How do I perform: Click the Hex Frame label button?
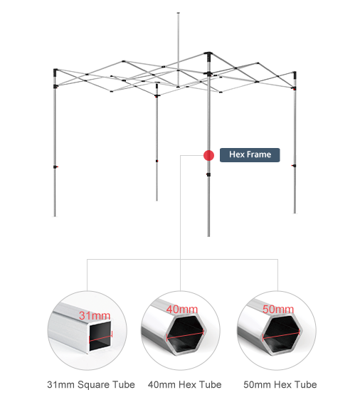pyautogui.click(x=250, y=155)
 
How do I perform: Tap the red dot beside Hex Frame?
pyautogui.click(x=208, y=155)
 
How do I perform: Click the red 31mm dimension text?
pyautogui.click(x=95, y=316)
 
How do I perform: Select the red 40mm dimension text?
pyautogui.click(x=182, y=310)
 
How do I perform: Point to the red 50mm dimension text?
pyautogui.click(x=278, y=310)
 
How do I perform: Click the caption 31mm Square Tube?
pyautogui.click(x=91, y=384)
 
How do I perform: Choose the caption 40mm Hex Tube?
pyautogui.click(x=185, y=384)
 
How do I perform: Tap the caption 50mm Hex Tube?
pyautogui.click(x=280, y=384)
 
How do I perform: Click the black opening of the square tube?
pyautogui.click(x=100, y=336)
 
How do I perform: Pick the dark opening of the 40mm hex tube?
pyautogui.click(x=185, y=333)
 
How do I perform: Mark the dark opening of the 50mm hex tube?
pyautogui.click(x=282, y=333)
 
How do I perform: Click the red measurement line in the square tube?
pyautogui.click(x=101, y=337)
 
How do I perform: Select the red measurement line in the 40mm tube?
pyautogui.click(x=185, y=335)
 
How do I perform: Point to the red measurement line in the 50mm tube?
pyautogui.click(x=281, y=335)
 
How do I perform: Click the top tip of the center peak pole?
pyautogui.click(x=178, y=13)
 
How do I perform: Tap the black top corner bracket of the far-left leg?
pyautogui.click(x=55, y=72)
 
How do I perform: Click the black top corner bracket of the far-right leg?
pyautogui.click(x=295, y=74)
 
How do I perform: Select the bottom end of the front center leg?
pyautogui.click(x=208, y=236)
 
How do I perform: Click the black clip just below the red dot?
pyautogui.click(x=208, y=174)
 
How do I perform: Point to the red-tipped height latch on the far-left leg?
pyautogui.click(x=55, y=167)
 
